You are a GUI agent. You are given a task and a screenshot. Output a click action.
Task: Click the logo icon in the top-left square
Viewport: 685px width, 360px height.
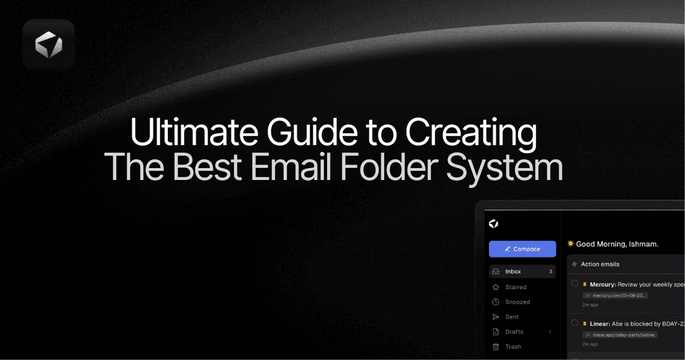[48, 45]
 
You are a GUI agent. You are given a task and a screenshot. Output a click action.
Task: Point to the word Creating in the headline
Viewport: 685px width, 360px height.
[470, 132]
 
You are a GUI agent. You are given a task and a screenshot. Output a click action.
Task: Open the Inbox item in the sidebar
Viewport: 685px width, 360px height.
[513, 272]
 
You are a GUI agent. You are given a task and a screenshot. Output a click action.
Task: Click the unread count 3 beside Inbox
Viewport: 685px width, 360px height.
[551, 272]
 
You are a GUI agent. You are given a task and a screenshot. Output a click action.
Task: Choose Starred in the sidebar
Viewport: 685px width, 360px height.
[516, 287]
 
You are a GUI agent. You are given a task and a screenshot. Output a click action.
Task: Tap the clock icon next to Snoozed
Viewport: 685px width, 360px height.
[496, 302]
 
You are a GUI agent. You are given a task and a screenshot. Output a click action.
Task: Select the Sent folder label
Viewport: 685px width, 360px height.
[512, 317]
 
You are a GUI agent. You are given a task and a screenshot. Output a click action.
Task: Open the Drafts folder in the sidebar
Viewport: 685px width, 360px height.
[514, 332]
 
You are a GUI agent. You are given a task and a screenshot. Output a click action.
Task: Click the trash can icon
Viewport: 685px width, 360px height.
[496, 347]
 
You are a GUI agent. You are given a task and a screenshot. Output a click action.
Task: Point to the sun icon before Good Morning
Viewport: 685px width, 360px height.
[571, 244]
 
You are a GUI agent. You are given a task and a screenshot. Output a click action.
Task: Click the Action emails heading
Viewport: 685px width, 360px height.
[600, 264]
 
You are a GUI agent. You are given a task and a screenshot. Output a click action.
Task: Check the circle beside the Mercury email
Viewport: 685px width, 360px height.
[575, 284]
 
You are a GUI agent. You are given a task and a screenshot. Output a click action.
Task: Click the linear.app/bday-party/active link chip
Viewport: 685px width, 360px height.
[619, 335]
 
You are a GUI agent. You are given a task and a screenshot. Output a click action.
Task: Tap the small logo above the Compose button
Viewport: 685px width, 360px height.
[494, 223]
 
